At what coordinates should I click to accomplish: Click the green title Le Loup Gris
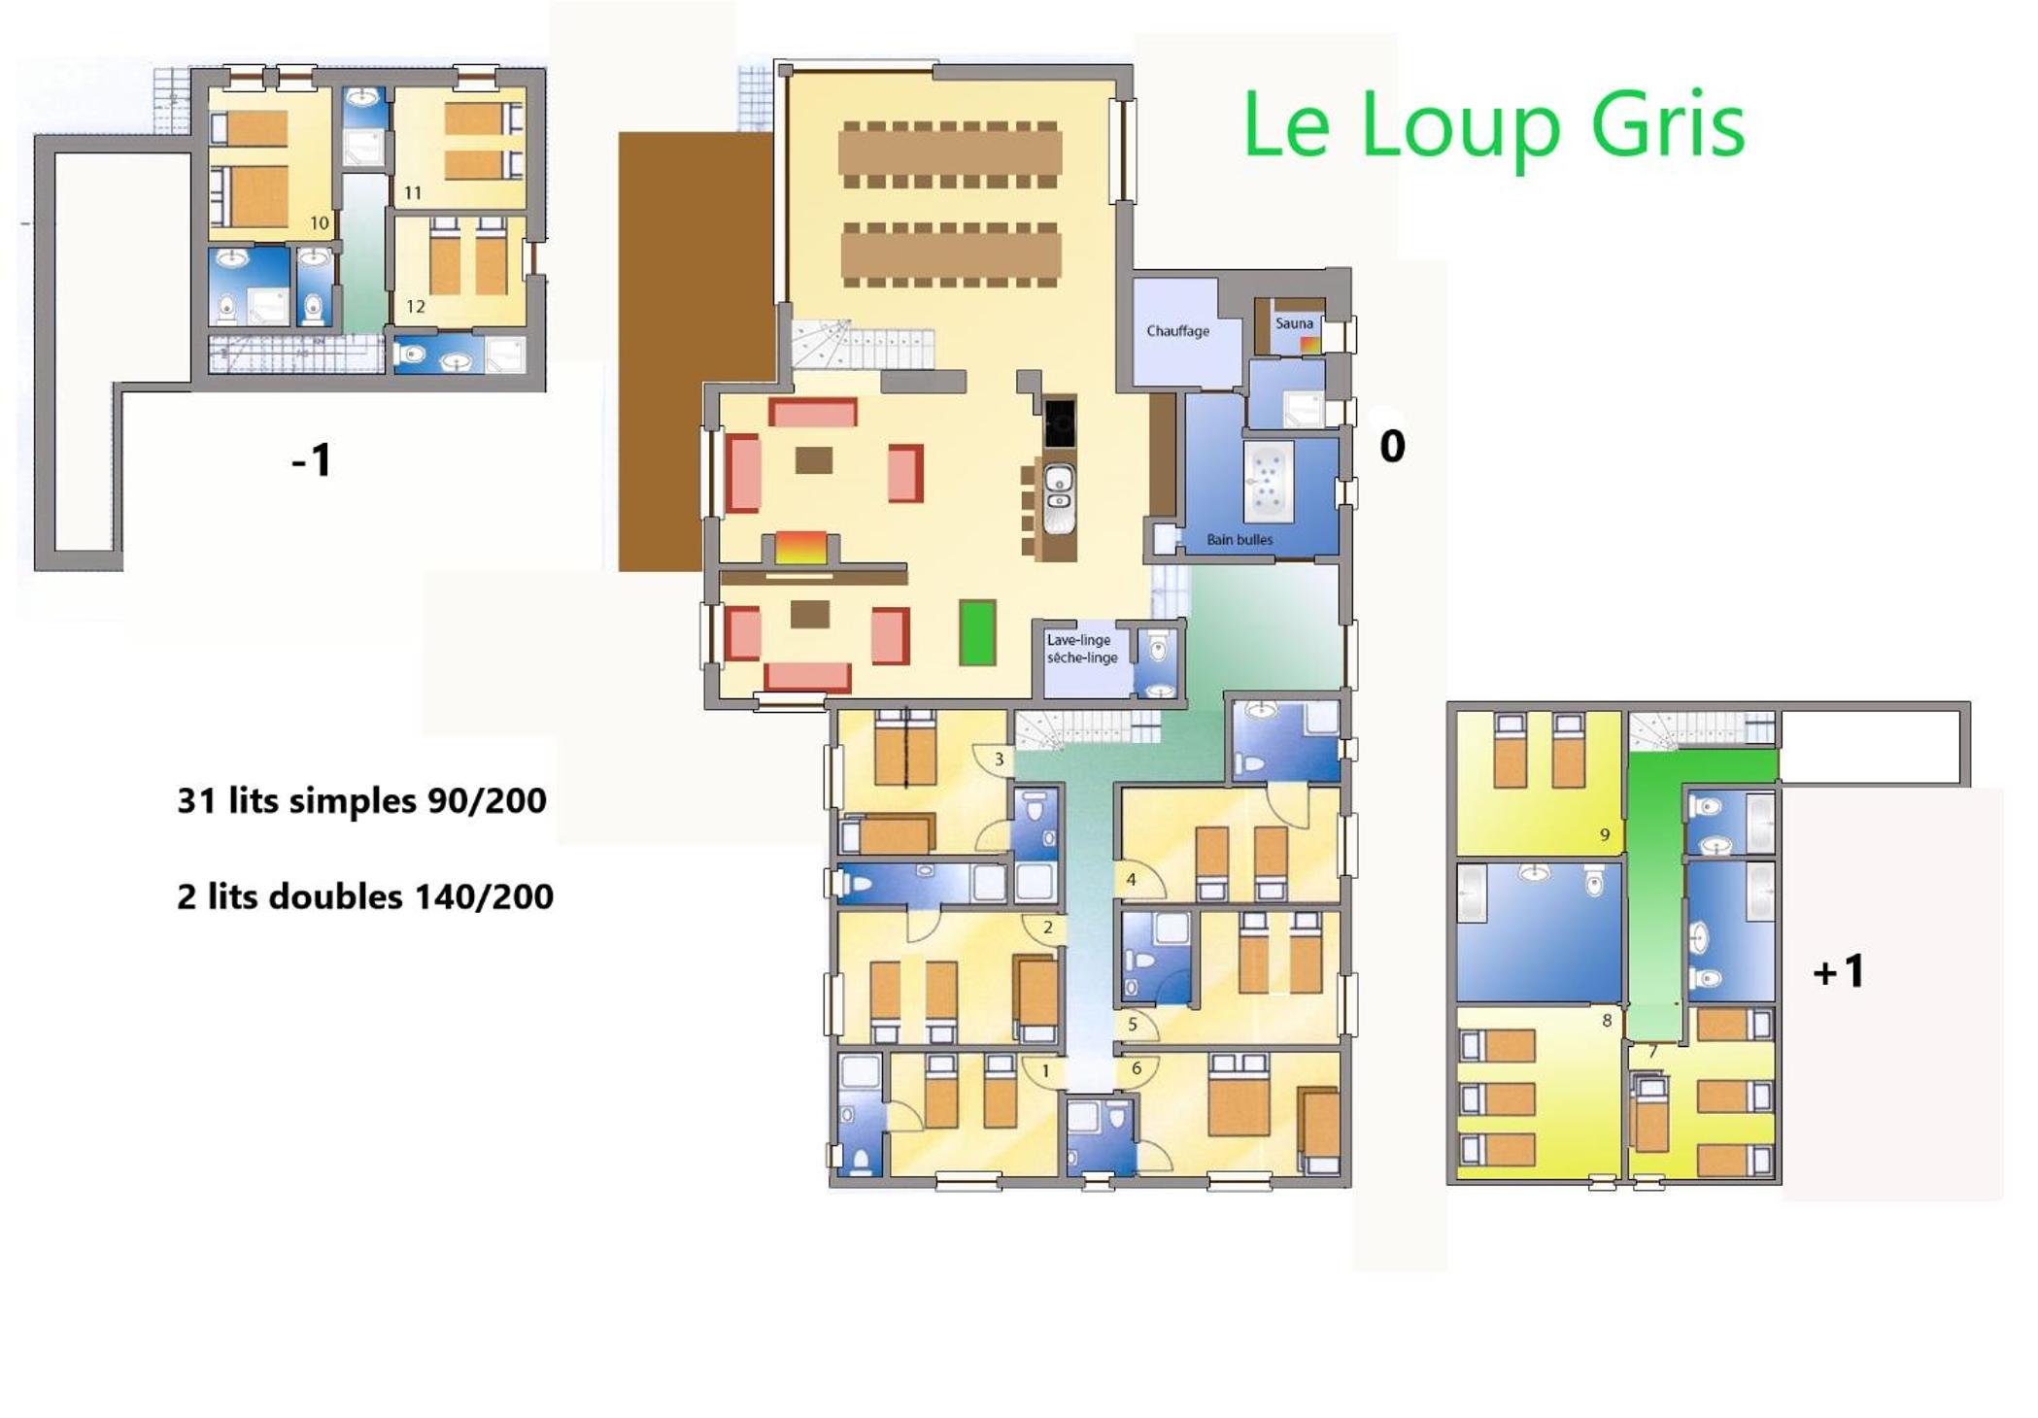pos(1494,125)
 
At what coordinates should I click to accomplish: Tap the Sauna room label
pos(1294,323)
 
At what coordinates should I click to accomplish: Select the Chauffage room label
pos(1177,331)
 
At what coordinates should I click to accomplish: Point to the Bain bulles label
pos(1240,540)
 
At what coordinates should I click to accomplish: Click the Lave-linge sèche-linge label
pos(1082,649)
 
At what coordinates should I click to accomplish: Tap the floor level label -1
pos(312,460)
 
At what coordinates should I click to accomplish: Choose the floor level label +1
pos(1839,971)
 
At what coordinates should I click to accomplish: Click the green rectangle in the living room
pos(977,632)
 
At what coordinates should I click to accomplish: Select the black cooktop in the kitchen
pos(1060,422)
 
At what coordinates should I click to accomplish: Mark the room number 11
pos(413,193)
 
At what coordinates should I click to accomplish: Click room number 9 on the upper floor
pos(1605,834)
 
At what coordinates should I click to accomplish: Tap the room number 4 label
pos(1131,880)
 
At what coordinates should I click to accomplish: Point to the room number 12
pos(416,307)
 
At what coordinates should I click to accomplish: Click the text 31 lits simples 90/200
pos(361,800)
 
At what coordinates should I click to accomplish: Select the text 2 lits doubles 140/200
pos(365,895)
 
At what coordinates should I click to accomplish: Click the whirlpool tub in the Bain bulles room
pos(1268,482)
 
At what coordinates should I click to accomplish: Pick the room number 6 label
pos(1137,1068)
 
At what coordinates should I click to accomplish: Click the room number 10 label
pos(320,223)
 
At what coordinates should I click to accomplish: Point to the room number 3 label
pos(999,760)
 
